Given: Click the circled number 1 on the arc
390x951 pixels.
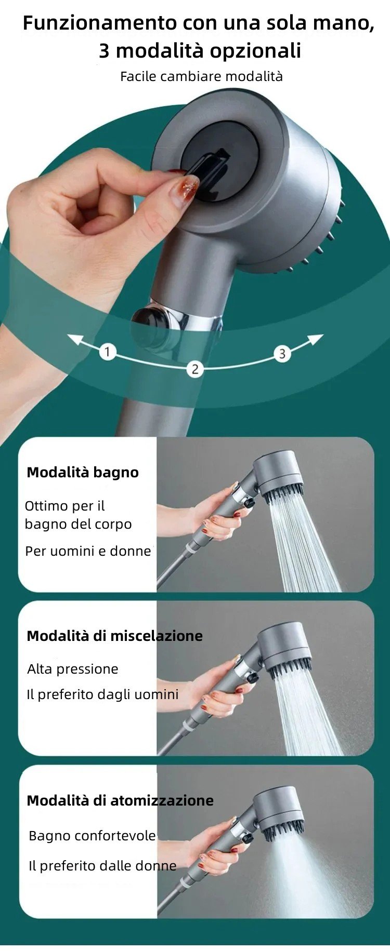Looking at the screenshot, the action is tap(108, 352).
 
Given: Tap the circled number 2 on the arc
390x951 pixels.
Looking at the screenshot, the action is tap(195, 369).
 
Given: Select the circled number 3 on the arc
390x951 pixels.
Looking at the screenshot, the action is tap(282, 354).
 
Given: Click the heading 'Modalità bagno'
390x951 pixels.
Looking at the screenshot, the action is tap(83, 472).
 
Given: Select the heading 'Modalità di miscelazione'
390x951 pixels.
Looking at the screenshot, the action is tap(114, 636).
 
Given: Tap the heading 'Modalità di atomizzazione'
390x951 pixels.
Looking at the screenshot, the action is tap(120, 800).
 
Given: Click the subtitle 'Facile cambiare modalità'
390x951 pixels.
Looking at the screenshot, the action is tap(201, 76).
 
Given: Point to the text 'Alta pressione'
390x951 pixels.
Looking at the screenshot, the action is tap(73, 669).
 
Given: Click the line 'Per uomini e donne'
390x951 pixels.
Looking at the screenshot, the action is tap(88, 551).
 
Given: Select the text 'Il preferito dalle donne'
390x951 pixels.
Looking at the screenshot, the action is tap(102, 866).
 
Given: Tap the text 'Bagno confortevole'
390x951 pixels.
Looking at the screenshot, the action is tap(92, 836).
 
